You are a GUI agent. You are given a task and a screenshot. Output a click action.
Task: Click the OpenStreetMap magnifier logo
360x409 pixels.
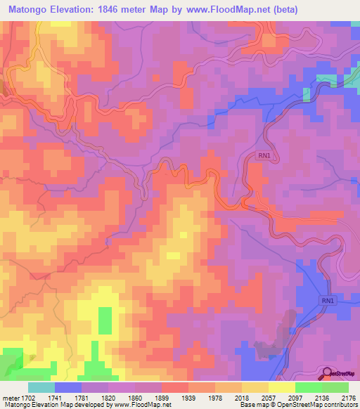(328, 374)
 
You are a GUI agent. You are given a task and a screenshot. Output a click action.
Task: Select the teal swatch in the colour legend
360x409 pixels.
(41, 387)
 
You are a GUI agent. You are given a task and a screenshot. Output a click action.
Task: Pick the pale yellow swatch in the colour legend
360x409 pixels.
(281, 387)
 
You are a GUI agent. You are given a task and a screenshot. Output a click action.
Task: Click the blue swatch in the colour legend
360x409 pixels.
(68, 387)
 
